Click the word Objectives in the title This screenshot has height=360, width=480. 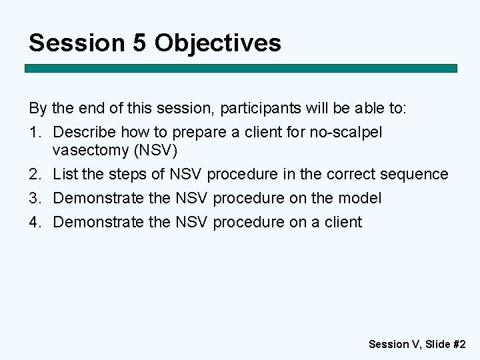[x=218, y=43]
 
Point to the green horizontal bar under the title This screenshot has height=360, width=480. [x=241, y=69]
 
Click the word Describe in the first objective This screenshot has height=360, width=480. [x=84, y=132]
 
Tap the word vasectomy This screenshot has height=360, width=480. [x=91, y=150]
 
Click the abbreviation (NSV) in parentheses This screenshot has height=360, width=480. [x=156, y=150]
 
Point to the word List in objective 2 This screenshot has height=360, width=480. [x=65, y=175]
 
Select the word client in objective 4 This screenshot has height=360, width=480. [x=343, y=222]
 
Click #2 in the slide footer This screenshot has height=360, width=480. [x=459, y=345]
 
